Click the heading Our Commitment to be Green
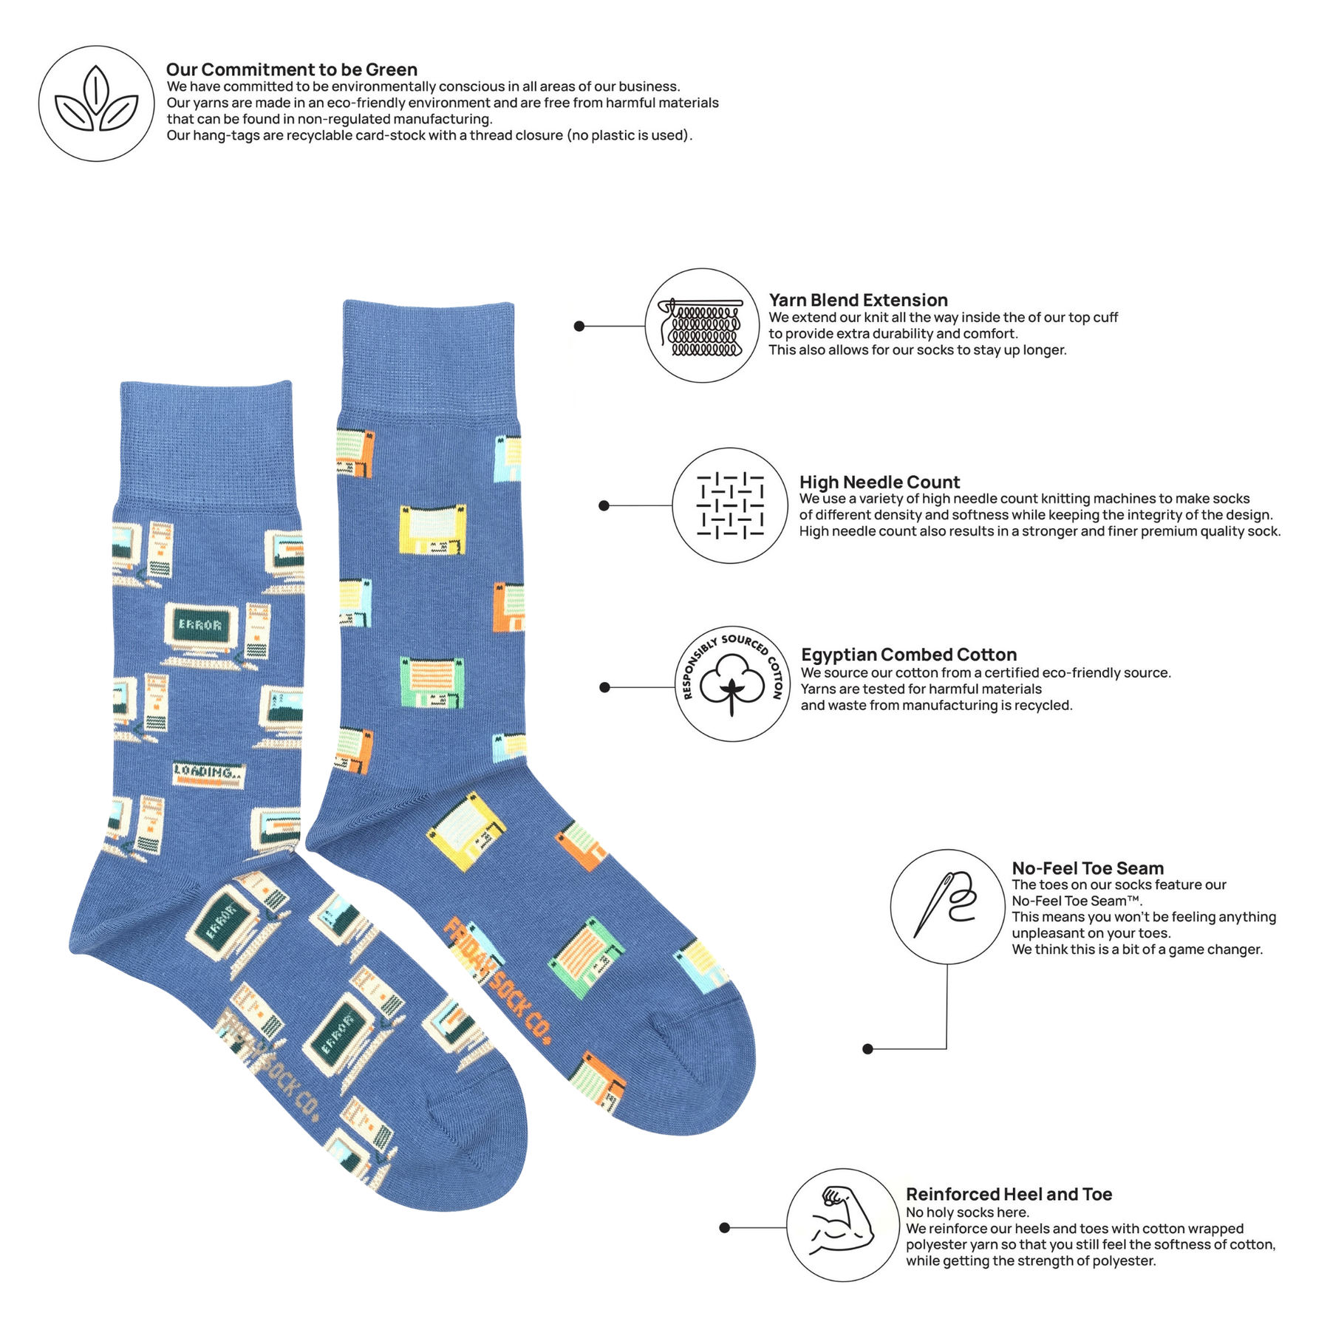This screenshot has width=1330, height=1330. [292, 69]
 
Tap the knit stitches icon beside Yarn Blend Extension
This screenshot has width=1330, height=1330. [703, 327]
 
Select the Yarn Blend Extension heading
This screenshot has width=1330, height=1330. [858, 300]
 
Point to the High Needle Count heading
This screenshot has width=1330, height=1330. [879, 482]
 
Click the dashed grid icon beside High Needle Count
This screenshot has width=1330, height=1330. [730, 505]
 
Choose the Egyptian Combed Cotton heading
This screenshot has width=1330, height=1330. [909, 655]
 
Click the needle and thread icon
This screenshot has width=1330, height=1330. [947, 906]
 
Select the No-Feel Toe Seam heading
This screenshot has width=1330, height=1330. [1088, 868]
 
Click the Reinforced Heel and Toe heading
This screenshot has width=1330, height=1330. [1009, 1194]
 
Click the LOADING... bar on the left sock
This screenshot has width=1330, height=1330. [208, 774]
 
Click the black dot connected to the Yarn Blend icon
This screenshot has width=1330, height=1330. [579, 326]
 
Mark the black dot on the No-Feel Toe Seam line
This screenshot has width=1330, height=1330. [868, 1048]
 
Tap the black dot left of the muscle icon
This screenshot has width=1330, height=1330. [725, 1228]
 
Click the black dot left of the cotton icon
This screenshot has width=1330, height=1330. [605, 687]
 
